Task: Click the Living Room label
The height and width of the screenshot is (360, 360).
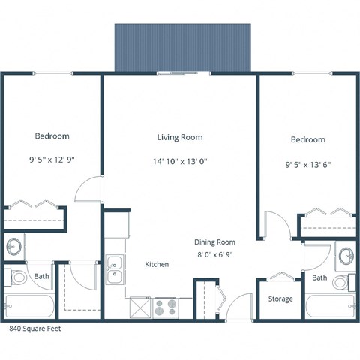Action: tap(179, 137)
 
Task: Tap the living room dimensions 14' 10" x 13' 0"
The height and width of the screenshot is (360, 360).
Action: tap(179, 160)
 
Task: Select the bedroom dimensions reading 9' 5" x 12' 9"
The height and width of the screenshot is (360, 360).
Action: tap(52, 159)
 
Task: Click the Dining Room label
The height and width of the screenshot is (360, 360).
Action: tap(215, 242)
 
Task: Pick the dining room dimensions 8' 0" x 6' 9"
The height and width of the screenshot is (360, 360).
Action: tap(215, 254)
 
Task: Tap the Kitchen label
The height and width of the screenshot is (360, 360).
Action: tap(157, 265)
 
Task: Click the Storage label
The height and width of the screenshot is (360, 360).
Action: tap(281, 298)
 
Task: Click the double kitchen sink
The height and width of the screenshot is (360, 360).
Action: tap(115, 269)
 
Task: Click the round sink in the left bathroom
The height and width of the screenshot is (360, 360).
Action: tap(14, 247)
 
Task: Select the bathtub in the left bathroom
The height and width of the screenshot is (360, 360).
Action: tap(29, 306)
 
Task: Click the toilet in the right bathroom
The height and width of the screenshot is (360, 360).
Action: tap(342, 283)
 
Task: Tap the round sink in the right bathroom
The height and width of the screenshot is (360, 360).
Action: tap(346, 255)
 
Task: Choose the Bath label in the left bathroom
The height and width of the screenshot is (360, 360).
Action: tap(41, 277)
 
